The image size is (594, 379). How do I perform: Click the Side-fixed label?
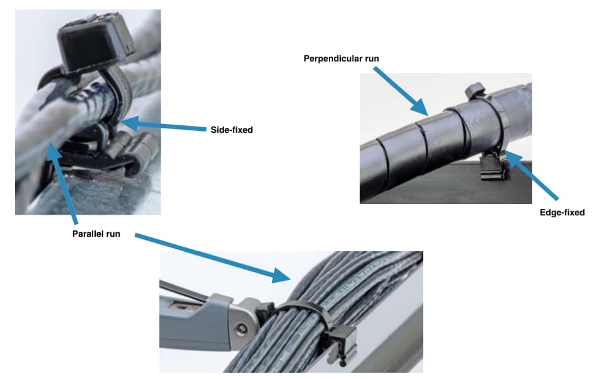pos(231,130)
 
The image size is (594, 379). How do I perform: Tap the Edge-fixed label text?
pos(562,212)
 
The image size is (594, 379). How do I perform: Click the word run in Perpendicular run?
pos(369,59)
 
